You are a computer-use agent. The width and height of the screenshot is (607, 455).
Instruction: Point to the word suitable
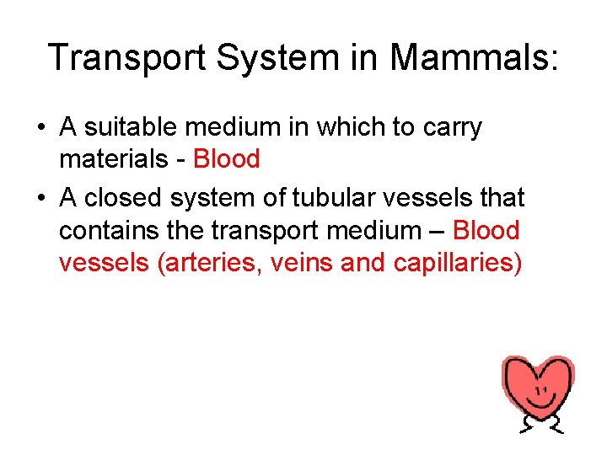pos(132,128)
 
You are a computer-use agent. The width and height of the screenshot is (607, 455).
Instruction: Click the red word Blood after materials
pos(227,158)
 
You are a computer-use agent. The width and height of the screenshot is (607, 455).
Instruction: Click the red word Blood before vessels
pos(486,230)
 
